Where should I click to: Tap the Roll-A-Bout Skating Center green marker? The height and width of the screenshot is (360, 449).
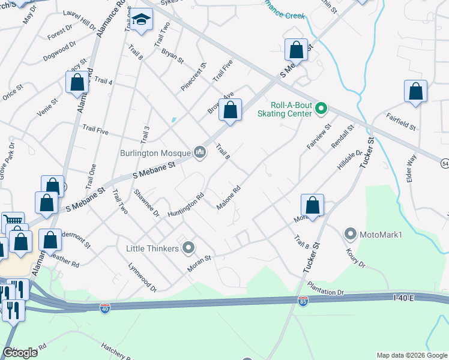[321, 109]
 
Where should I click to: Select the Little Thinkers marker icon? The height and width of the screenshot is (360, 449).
[189, 247]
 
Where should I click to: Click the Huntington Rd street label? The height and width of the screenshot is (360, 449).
[186, 205]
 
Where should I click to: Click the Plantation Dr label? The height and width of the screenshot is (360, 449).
[325, 289]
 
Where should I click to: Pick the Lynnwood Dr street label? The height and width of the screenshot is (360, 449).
[142, 277]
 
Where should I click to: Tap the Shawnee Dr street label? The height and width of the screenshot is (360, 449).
[146, 203]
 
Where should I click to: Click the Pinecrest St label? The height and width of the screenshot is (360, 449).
[194, 77]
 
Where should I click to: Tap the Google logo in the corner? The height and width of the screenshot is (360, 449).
[20, 353]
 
